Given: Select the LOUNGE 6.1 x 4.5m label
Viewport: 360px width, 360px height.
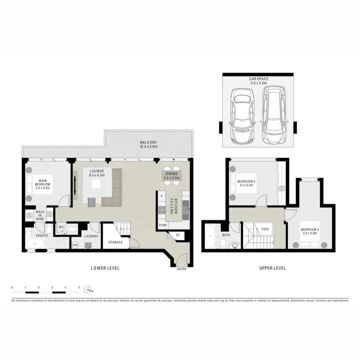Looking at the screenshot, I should tap(97, 173).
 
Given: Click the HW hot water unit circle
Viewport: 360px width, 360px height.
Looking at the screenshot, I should tap(75, 245).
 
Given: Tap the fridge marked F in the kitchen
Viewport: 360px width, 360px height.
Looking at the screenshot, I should tap(162, 196).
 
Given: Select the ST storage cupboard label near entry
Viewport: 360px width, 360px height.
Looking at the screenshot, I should tap(178, 235).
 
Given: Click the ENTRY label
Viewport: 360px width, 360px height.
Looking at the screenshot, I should tap(182, 269).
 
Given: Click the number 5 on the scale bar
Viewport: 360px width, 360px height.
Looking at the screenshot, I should tap(79, 287).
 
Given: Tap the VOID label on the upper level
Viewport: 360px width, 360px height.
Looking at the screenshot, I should tap(265, 229).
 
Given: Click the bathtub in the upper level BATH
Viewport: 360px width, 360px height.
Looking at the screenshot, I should tap(210, 237).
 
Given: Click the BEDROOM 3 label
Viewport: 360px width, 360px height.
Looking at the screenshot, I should tap(310, 231).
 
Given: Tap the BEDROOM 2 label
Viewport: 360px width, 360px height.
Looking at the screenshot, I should tap(246, 183).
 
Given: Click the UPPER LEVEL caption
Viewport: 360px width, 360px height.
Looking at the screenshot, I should tap(272, 268).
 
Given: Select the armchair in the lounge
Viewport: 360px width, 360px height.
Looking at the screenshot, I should tap(92, 202).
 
